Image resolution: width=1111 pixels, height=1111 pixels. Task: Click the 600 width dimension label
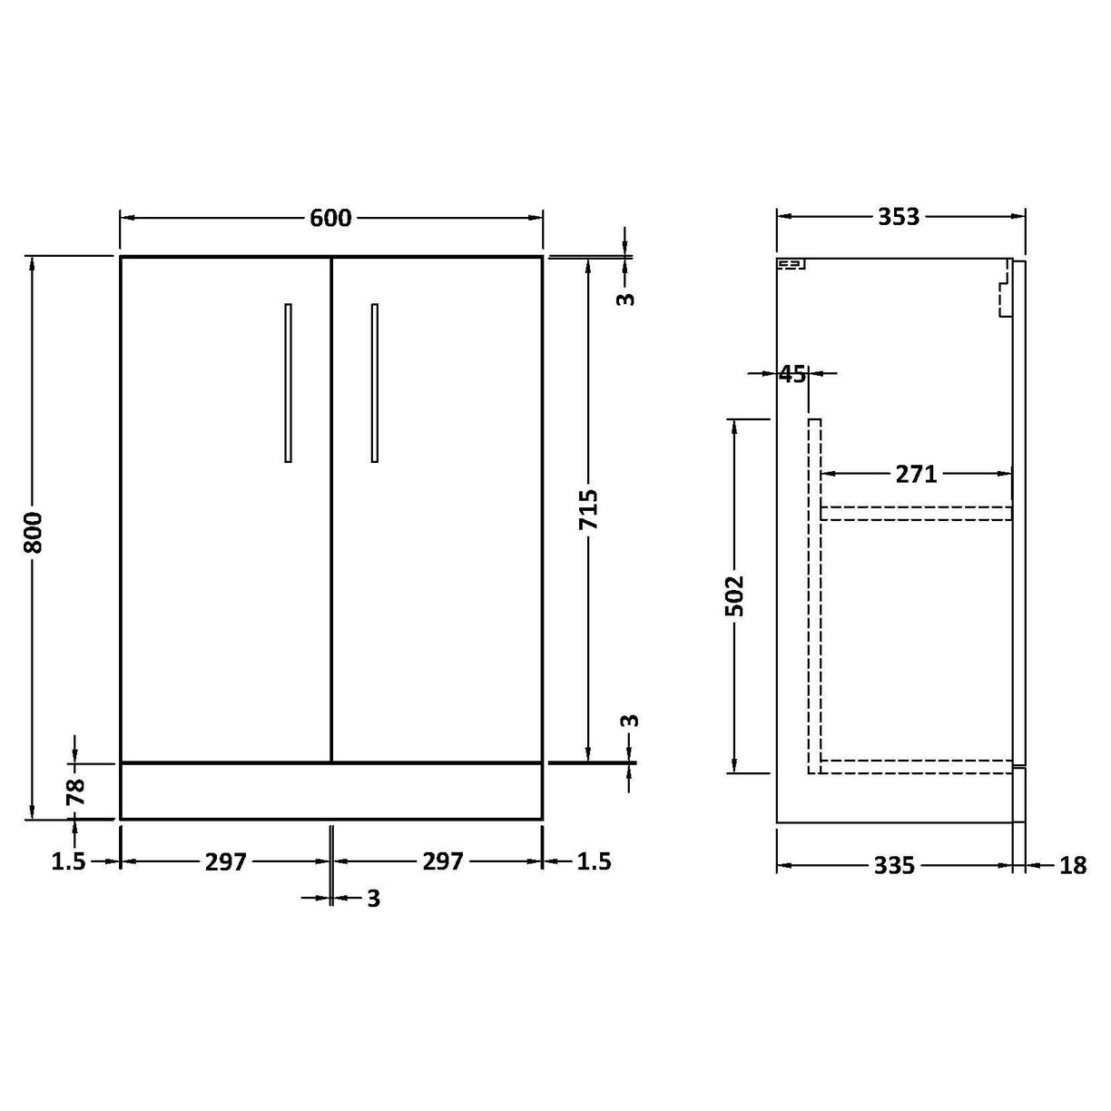(330, 218)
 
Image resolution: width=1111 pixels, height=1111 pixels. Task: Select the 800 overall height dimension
(33, 533)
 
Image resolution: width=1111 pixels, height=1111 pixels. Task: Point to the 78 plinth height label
(75, 791)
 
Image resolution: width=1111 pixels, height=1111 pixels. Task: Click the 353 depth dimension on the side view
(898, 216)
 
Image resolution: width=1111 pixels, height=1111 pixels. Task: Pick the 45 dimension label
(792, 373)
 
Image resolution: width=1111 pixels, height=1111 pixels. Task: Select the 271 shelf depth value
(915, 473)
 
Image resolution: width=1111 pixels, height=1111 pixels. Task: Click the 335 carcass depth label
(894, 866)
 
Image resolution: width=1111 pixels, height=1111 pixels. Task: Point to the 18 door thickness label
(1072, 866)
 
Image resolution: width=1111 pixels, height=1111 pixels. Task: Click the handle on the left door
(288, 382)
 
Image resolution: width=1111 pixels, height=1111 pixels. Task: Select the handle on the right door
(374, 382)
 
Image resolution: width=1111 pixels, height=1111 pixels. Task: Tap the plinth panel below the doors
(331, 791)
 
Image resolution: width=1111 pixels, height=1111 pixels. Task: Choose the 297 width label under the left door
(225, 861)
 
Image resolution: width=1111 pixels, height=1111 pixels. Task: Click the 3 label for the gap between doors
(373, 899)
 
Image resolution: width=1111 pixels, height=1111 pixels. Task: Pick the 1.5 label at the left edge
(68, 861)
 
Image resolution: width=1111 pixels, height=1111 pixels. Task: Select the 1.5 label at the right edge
(594, 861)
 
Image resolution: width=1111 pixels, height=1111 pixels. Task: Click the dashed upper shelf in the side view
(916, 513)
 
